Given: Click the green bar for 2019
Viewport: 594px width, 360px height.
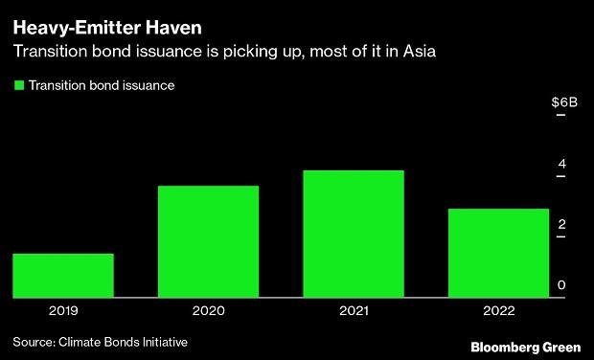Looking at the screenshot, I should click(x=63, y=276).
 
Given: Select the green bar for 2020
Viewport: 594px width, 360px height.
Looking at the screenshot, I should click(x=208, y=241).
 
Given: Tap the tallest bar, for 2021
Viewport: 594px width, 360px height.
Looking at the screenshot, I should click(x=353, y=234).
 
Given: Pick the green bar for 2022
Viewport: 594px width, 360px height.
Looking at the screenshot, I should click(x=498, y=253).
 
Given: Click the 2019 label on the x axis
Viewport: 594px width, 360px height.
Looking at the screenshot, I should click(x=63, y=311).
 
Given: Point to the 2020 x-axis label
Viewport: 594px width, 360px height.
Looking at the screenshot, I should click(x=208, y=311).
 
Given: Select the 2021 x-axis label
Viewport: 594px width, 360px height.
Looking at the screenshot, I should click(x=353, y=311).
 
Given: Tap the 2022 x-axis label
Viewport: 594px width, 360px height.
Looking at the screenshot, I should click(x=498, y=311).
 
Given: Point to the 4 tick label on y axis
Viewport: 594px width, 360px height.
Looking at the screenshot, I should click(x=562, y=164).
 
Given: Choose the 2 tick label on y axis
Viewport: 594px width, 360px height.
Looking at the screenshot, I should click(x=562, y=224).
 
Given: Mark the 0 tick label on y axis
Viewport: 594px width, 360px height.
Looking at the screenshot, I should click(x=562, y=285).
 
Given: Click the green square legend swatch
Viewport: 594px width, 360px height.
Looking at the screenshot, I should click(x=18, y=85).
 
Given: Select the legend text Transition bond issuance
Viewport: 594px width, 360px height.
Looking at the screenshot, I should click(x=101, y=85).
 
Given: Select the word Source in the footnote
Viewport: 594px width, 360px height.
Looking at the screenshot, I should click(x=33, y=342).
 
